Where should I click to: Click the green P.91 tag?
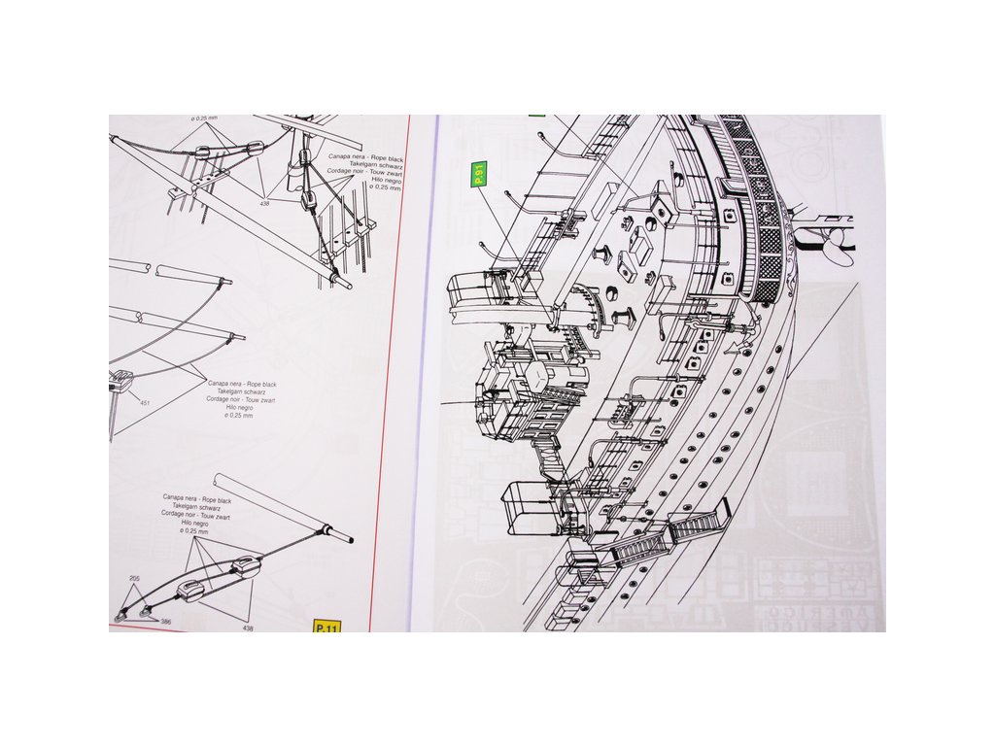click(478, 176)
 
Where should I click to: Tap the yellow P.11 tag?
click(326, 627)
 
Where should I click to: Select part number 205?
click(134, 578)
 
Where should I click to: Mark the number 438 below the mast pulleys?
click(264, 203)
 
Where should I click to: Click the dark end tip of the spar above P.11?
click(347, 540)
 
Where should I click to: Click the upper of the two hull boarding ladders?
click(696, 525)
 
